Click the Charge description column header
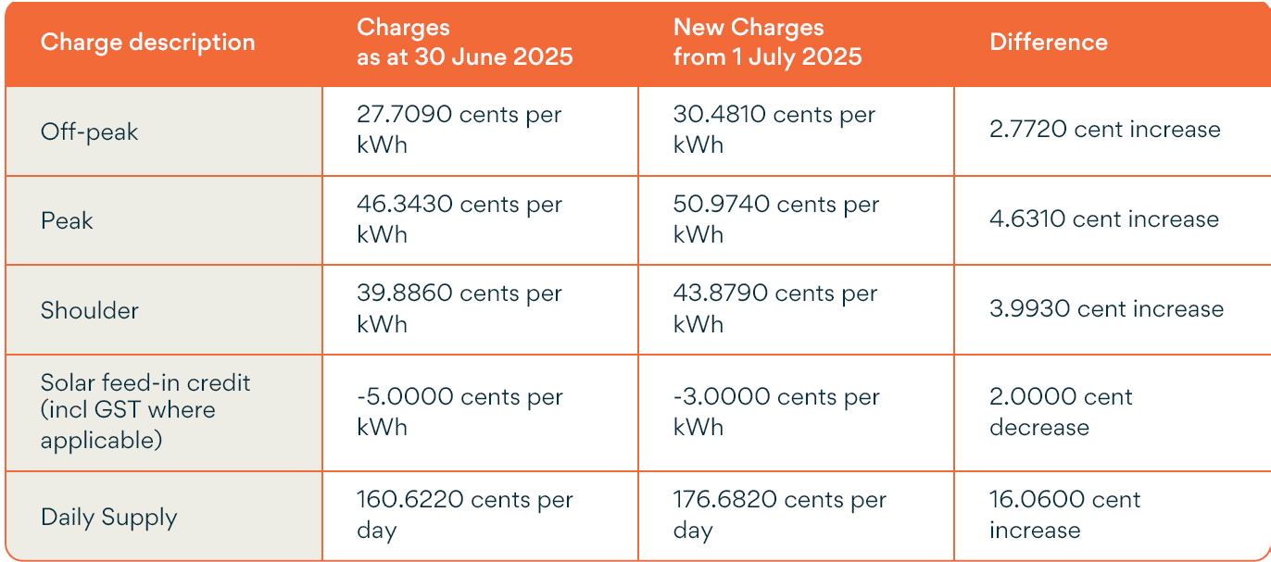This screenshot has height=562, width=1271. pos(147,43)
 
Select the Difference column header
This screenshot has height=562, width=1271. pos(1048,43)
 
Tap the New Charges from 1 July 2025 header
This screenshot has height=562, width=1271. pos(767,43)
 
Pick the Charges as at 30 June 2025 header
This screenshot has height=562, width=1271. pos(464,43)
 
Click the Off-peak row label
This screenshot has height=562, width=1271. pos(89,131)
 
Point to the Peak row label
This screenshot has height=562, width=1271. pos(67,220)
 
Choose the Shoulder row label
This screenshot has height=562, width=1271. pos(89,309)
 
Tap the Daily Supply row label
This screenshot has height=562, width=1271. pos(108,517)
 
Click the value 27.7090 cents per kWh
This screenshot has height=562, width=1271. pos(459,130)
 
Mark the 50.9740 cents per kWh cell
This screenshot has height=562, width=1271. pos(775,219)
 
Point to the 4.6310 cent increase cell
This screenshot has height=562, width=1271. pos(1103,219)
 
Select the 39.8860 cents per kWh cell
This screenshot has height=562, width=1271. pos(459,308)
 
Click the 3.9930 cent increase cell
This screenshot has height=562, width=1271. pos(1106,308)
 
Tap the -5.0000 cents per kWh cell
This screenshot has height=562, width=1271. pos(459,411)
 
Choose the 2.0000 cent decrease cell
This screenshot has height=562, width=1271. pos(1061,411)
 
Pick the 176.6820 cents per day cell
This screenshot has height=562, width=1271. pos(779,515)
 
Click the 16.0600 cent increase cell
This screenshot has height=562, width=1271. pos(1064,515)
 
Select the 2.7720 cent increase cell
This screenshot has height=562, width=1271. pos(1104,130)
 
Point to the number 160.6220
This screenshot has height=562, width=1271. pos(409,500)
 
